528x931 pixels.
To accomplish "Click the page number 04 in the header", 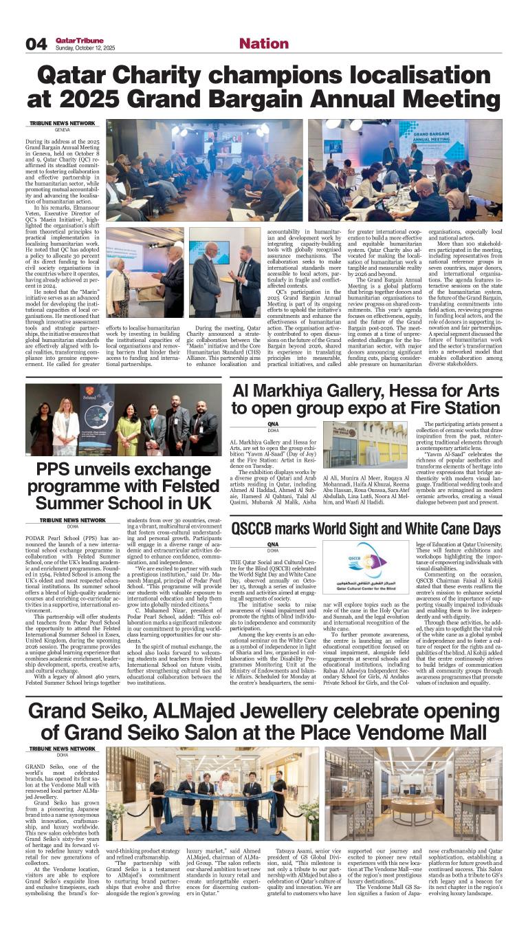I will point(36,44).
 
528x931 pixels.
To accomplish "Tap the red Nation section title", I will point(264,43).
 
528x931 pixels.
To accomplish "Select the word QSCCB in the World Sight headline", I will point(259,529).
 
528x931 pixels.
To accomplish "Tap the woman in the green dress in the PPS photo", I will point(128,434).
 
